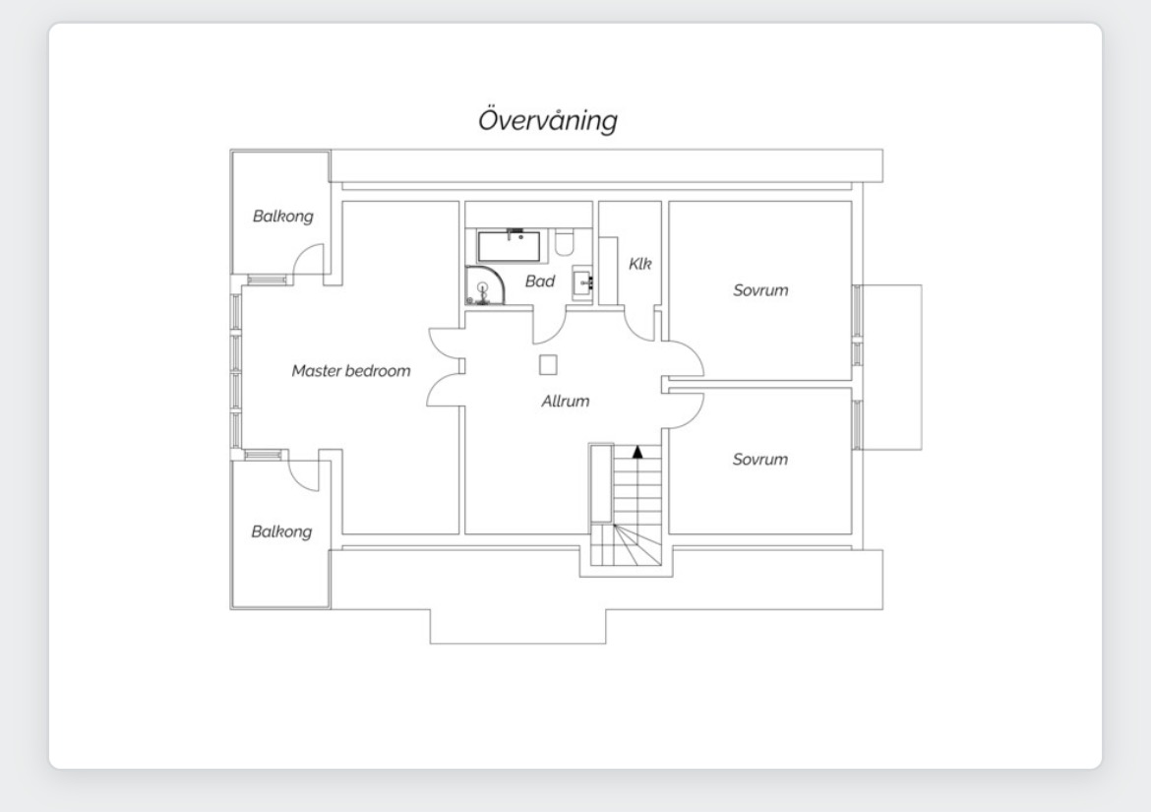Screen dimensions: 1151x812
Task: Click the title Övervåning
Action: click(x=548, y=120)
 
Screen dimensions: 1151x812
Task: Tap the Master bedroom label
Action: click(x=351, y=371)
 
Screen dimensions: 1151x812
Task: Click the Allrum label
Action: click(x=566, y=401)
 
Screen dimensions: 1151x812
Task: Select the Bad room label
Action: click(x=540, y=281)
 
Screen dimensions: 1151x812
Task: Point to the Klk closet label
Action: click(x=640, y=264)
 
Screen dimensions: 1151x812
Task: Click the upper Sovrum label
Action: click(x=760, y=290)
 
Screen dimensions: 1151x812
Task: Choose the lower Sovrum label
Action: click(x=759, y=460)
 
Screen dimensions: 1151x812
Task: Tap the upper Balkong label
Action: click(x=282, y=217)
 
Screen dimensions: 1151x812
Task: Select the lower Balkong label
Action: click(x=281, y=531)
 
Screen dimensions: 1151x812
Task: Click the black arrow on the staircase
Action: click(x=637, y=452)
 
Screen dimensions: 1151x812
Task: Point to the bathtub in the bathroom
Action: click(x=510, y=246)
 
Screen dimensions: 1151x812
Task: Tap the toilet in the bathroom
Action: click(x=564, y=242)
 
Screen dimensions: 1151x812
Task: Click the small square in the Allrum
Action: click(x=548, y=365)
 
